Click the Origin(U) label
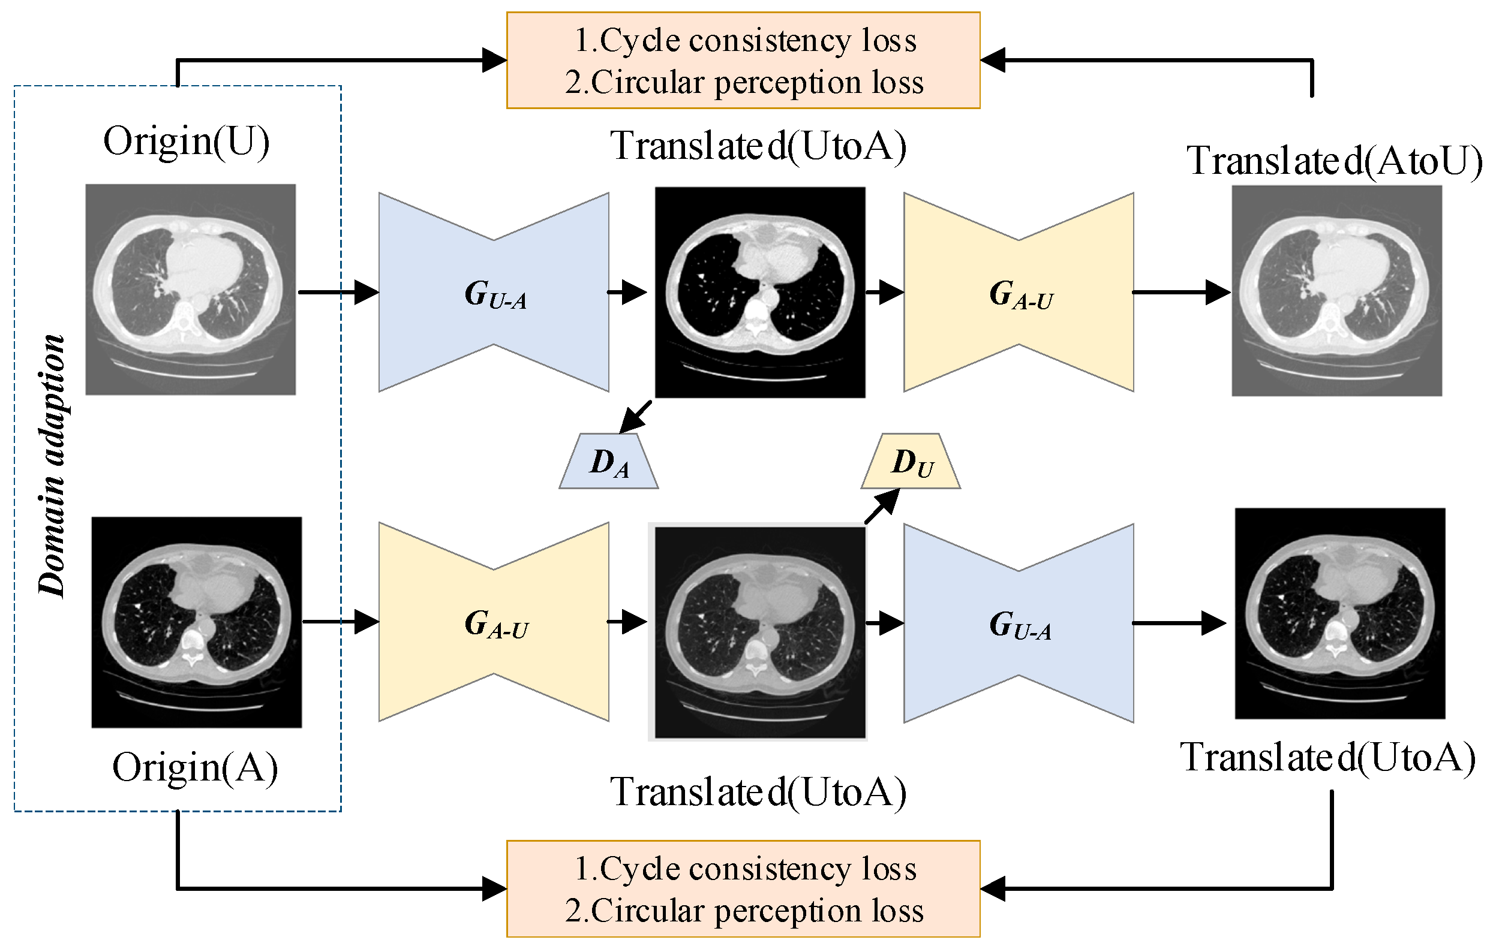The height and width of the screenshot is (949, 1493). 186,142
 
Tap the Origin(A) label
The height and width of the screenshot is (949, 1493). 195,768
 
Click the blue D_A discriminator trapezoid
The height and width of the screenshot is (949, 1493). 608,461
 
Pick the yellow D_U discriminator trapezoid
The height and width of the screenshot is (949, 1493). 910,461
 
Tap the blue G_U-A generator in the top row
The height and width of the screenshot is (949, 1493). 494,292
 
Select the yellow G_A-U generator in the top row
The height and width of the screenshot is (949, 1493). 1019,292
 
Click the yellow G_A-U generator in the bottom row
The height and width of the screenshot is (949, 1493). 494,622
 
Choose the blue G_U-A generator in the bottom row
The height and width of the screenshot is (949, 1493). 1019,623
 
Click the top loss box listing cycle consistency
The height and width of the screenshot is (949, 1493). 743,60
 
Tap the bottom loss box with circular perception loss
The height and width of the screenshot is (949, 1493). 743,889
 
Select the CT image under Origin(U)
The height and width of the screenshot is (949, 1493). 190,290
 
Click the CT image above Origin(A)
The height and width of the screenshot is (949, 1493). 197,622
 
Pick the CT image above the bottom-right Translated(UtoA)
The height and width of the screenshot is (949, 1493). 1340,613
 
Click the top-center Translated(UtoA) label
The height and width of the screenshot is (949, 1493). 758,147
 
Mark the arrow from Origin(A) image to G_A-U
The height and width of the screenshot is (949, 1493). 340,621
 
